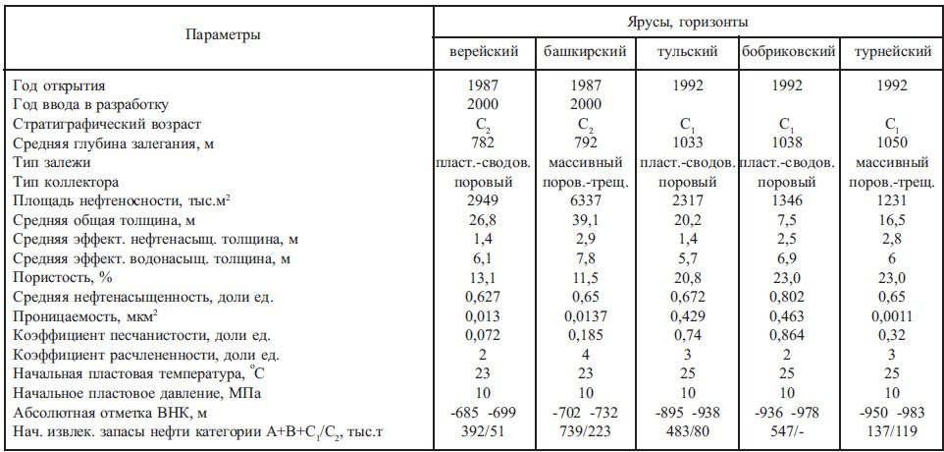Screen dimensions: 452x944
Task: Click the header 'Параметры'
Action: [x=223, y=36]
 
